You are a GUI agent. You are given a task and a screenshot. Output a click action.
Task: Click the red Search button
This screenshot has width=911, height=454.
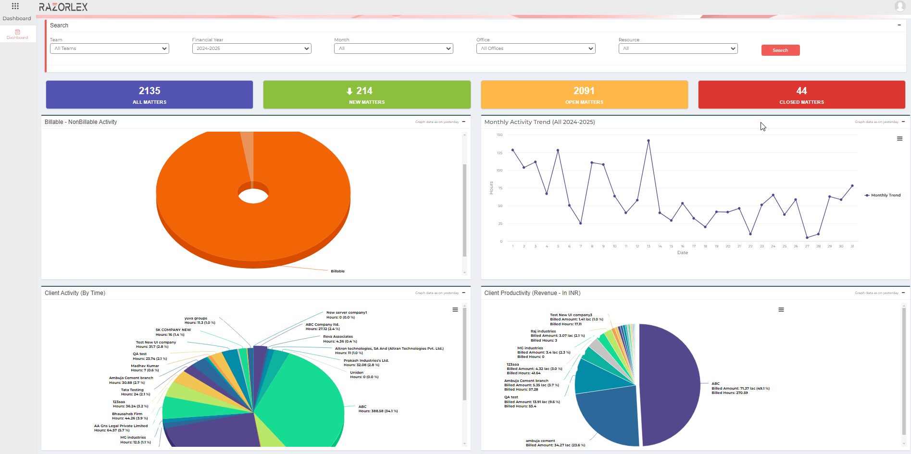tap(780, 50)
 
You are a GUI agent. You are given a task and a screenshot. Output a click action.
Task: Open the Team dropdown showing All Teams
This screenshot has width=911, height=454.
tap(109, 49)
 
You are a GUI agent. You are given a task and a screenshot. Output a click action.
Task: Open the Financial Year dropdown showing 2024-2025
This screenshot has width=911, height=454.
tap(251, 49)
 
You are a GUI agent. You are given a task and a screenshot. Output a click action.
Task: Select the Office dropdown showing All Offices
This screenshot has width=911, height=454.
tap(536, 49)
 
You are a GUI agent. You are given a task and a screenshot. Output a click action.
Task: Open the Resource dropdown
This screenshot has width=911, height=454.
tap(678, 49)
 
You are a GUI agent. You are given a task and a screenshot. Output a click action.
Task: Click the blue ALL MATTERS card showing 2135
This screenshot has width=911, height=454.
tap(150, 95)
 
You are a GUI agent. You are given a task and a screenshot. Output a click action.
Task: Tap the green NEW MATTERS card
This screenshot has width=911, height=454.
tap(367, 95)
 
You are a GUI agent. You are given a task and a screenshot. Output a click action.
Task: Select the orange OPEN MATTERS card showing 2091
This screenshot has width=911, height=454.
tap(584, 95)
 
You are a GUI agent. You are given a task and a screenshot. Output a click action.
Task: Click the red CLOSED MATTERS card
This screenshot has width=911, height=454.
tap(801, 95)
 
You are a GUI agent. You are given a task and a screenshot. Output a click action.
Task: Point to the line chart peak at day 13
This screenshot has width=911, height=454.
tap(649, 141)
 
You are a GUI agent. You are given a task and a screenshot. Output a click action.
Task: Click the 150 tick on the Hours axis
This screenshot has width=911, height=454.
tap(499, 135)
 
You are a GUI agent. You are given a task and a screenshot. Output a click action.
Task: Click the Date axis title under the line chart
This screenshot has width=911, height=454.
tap(683, 253)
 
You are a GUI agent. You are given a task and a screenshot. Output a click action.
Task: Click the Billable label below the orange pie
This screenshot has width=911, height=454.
tap(337, 271)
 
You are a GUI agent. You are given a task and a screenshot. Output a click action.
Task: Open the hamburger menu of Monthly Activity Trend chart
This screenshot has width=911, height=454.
tap(899, 139)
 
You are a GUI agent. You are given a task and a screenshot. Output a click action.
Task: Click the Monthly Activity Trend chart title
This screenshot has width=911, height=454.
tap(539, 122)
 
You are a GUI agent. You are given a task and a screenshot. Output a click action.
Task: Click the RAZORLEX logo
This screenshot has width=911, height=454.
tap(63, 7)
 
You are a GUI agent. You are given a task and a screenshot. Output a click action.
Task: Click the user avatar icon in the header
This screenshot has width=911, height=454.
tap(900, 6)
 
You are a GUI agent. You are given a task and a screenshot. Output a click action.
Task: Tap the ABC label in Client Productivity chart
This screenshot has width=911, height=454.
tap(715, 384)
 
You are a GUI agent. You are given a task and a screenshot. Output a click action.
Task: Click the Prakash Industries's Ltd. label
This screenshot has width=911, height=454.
tap(366, 360)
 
